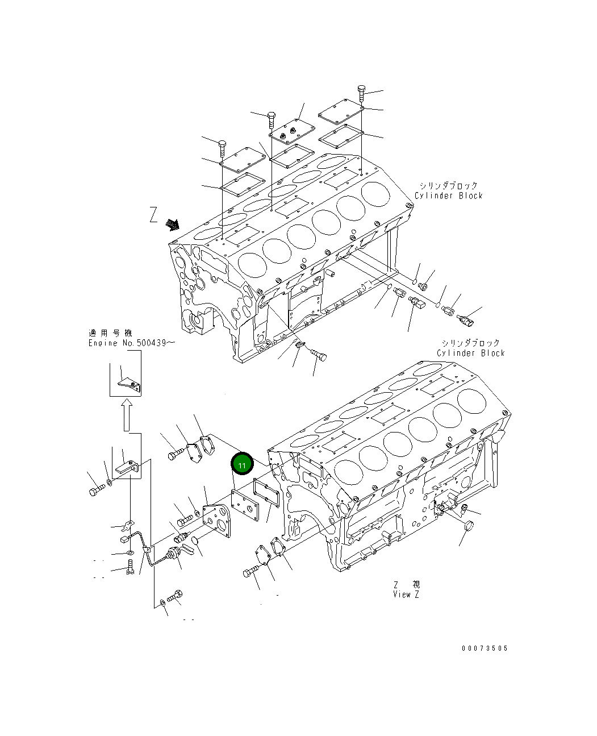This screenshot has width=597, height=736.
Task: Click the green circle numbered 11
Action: [x=242, y=463]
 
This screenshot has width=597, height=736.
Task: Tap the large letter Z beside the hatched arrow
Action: [x=154, y=215]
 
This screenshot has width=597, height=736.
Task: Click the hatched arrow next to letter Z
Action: [x=173, y=224]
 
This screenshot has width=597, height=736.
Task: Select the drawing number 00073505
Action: [x=485, y=648]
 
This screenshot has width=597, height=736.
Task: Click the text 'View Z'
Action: [x=406, y=594]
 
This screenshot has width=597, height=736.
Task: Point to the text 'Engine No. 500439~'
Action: [x=132, y=343]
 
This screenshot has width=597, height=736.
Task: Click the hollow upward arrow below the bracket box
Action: [x=127, y=415]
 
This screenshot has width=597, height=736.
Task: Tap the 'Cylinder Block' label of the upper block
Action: [x=448, y=196]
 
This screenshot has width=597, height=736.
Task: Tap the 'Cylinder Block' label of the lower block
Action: [x=471, y=353]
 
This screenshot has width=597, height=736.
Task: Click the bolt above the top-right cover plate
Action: [x=361, y=93]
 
